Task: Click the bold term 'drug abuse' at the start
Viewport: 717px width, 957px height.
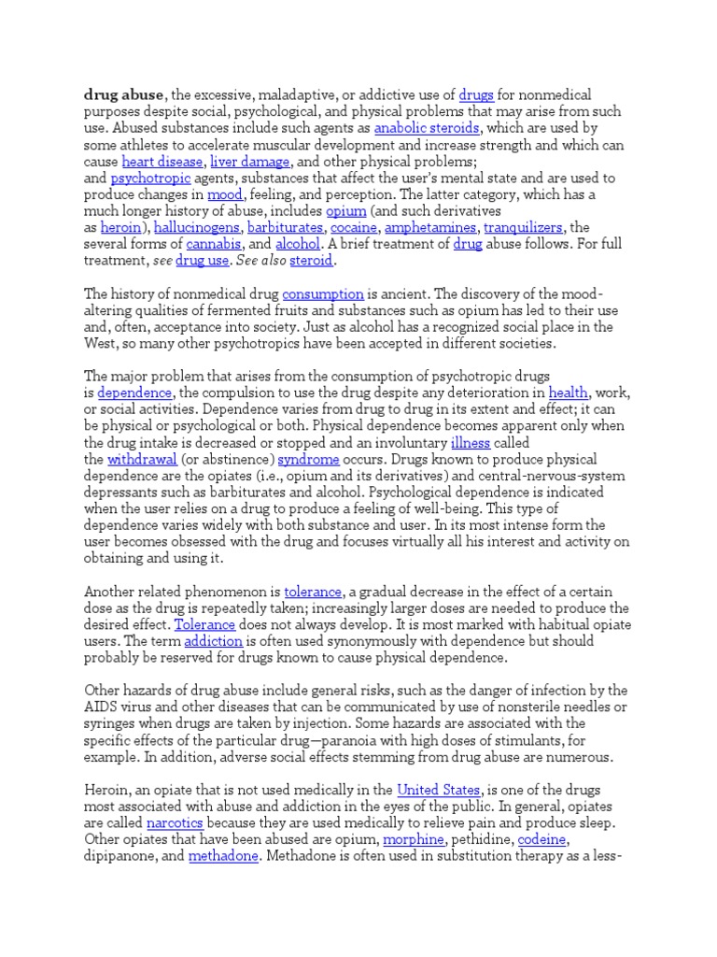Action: [x=124, y=94]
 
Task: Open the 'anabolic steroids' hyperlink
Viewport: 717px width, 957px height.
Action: [x=427, y=128]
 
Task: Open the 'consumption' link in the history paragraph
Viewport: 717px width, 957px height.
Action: [x=321, y=293]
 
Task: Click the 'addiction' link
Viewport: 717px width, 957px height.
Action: [x=214, y=641]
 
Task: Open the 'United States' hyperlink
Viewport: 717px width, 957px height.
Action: [x=438, y=790]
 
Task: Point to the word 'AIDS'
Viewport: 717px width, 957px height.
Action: [x=100, y=707]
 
